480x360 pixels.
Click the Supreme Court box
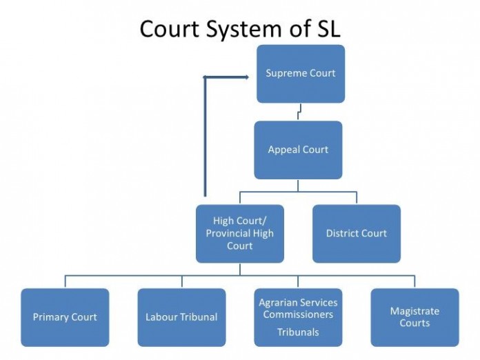pos(301,74)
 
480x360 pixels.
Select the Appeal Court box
pos(298,150)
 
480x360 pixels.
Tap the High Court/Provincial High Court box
pos(239,233)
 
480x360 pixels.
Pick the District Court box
pos(357,233)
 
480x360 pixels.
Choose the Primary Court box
pos(65,317)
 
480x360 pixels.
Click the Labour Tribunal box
pos(181,317)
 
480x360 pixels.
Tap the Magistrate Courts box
pos(414,317)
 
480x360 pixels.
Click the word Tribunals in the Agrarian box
pos(298,332)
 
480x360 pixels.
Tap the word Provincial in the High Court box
pos(229,233)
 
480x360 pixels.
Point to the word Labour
pos(161,317)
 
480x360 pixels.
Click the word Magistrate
pos(414,311)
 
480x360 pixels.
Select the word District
pos(341,233)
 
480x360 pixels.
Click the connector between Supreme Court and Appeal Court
pos(299,112)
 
